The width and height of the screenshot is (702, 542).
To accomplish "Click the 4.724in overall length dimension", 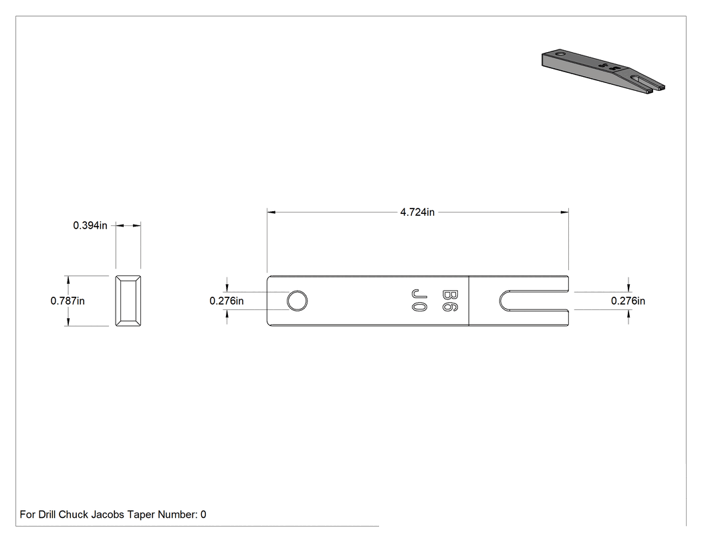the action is [x=417, y=212].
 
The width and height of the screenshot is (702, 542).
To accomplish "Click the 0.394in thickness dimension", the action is [x=90, y=226].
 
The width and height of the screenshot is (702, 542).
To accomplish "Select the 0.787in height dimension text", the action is [x=68, y=301].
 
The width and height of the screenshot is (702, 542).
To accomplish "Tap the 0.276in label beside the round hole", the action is [x=227, y=301].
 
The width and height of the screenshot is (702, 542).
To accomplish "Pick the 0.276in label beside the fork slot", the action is [x=628, y=301].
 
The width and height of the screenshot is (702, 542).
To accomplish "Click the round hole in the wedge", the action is [x=297, y=301].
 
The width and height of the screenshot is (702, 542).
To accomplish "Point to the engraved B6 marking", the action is [x=449, y=301].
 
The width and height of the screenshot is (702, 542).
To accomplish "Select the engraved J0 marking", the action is [x=419, y=301].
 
